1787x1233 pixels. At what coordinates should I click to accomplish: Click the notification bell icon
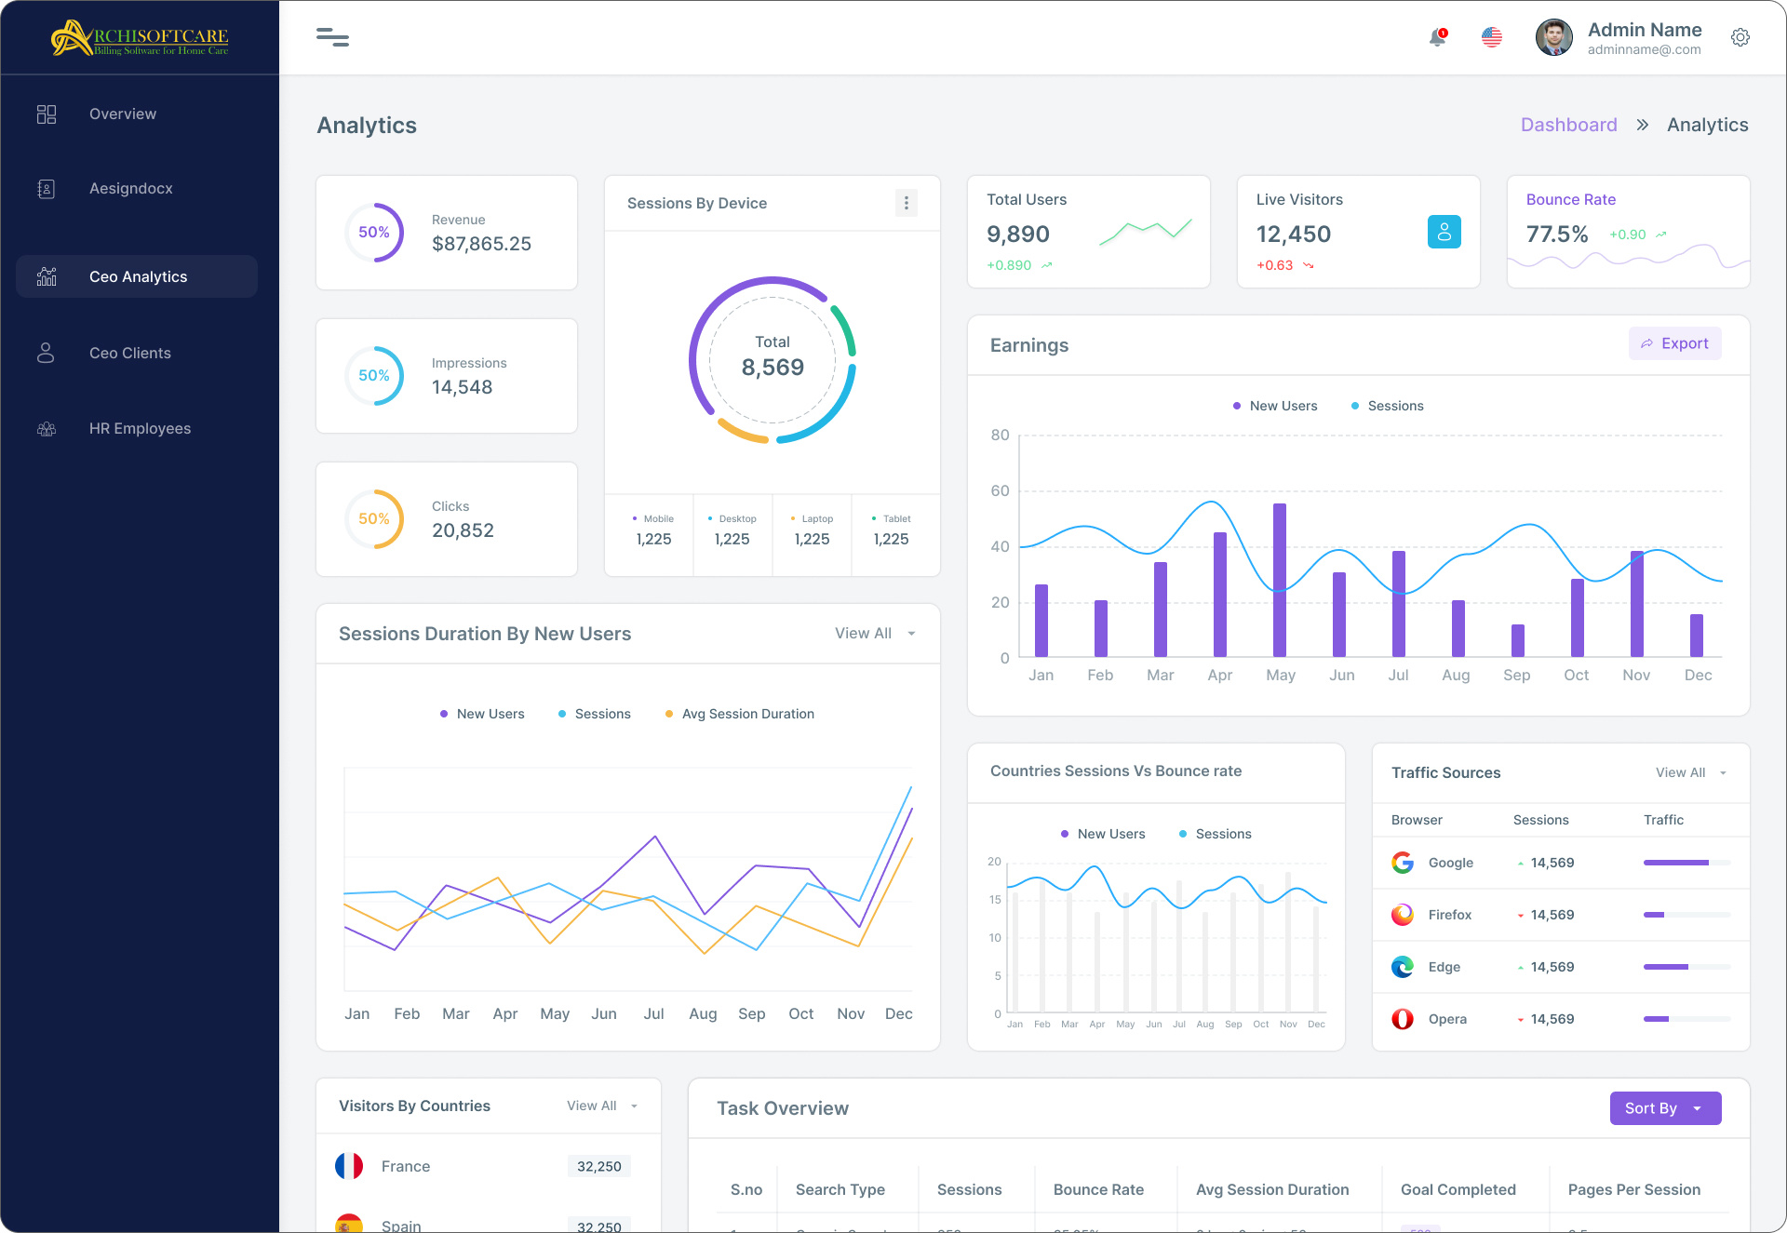(1437, 37)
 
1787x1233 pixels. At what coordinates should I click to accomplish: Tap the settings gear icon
(1740, 37)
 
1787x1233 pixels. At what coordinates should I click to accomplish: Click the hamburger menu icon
(332, 37)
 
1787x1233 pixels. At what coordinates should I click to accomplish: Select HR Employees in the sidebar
(140, 428)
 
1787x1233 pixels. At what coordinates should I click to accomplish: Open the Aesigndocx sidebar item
(130, 188)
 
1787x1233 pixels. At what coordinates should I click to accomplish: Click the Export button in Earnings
(1674, 343)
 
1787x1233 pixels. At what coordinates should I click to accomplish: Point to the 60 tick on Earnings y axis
(1000, 490)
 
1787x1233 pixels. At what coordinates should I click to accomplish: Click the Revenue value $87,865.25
(481, 244)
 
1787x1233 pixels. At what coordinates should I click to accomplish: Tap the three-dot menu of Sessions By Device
(906, 203)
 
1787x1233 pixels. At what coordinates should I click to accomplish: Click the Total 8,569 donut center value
(773, 367)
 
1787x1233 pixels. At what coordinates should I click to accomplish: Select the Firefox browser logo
(1403, 915)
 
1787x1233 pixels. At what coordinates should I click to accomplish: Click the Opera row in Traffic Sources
(1447, 1019)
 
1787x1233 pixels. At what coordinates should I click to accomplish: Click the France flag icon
(349, 1166)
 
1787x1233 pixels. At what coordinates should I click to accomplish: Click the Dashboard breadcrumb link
(1568, 125)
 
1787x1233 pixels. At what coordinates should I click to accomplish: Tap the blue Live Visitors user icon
(1444, 232)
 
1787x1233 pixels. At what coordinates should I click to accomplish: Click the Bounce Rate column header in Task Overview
(1098, 1189)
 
